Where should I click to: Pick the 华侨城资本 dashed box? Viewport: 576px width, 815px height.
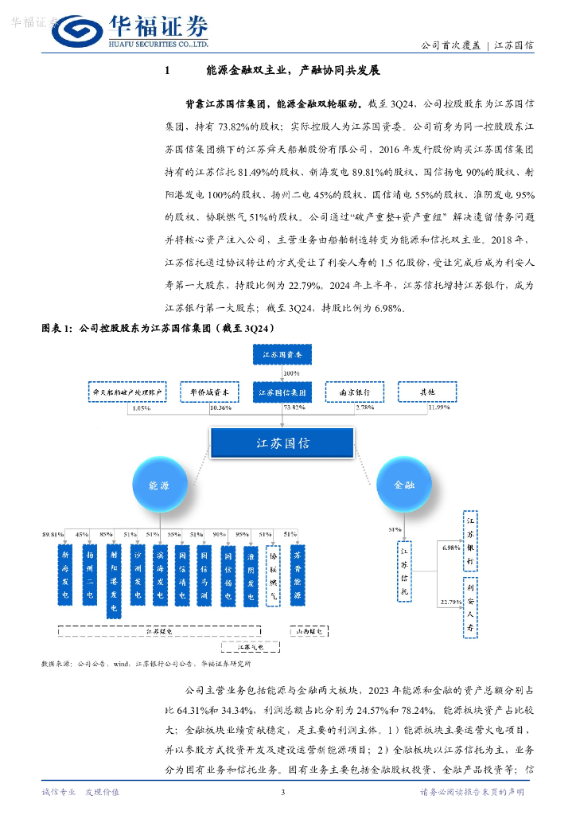point(209,392)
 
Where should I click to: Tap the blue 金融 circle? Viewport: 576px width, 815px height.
point(403,485)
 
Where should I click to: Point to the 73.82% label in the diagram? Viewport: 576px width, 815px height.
point(294,408)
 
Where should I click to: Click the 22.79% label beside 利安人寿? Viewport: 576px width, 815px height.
point(450,602)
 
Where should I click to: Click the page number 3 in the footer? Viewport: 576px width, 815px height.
point(283,792)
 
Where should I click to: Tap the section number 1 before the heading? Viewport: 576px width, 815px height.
point(167,71)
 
